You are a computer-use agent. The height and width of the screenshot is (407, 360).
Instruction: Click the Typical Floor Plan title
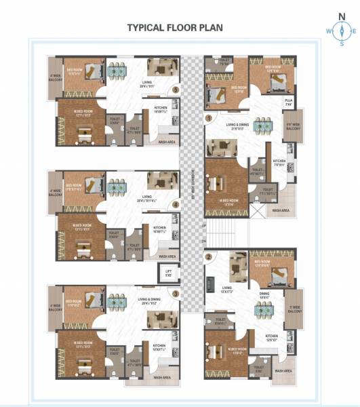click(x=180, y=28)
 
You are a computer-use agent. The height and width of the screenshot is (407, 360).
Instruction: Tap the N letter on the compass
click(x=342, y=19)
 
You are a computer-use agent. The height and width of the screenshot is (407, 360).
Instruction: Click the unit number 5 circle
click(x=176, y=89)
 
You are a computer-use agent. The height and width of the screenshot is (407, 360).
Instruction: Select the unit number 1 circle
click(x=209, y=117)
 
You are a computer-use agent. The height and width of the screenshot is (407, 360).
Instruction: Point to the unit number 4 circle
click(x=176, y=204)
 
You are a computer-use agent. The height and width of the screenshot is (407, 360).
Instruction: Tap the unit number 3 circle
click(x=176, y=294)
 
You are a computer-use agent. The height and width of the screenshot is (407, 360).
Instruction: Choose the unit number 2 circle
click(x=209, y=256)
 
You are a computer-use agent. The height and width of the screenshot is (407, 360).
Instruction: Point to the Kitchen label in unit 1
click(x=280, y=163)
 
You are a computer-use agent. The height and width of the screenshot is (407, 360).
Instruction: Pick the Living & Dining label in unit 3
click(x=151, y=301)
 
